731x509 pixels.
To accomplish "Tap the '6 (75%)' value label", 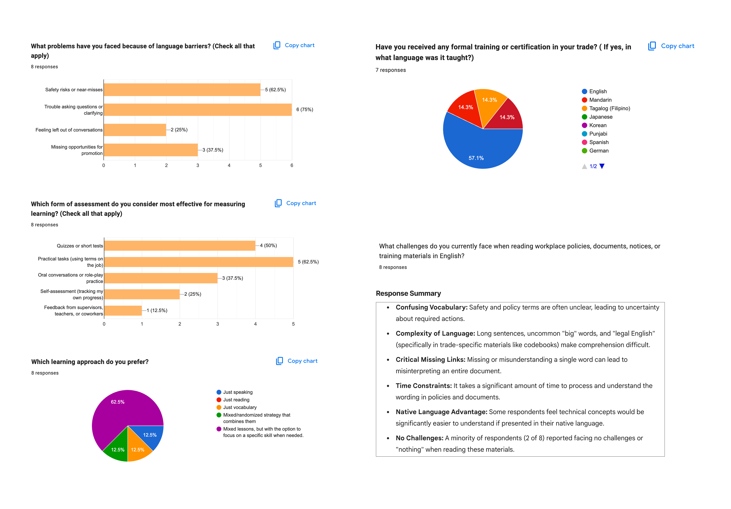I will click(305, 109).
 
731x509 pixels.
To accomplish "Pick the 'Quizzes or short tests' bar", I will click(180, 246).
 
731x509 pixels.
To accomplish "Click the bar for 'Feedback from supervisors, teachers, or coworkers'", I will click(123, 311).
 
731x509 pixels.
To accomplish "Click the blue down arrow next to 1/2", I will click(602, 166).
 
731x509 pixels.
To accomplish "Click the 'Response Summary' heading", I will click(408, 294).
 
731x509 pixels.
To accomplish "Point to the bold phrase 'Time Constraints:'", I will click(424, 386).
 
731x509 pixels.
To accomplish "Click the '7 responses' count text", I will click(391, 70).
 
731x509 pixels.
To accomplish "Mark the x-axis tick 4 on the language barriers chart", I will click(229, 166).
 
